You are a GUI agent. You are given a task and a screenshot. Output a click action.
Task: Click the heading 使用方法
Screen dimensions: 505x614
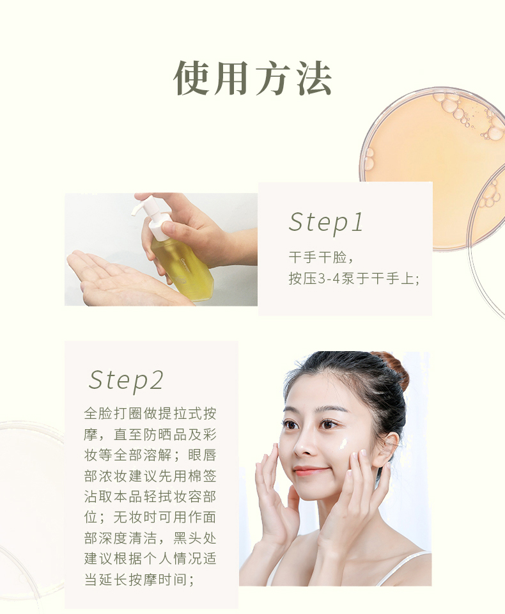point(252,78)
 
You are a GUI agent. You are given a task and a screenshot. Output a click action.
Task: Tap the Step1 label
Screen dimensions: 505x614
point(326,223)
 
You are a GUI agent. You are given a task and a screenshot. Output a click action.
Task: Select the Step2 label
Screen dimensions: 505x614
point(126,380)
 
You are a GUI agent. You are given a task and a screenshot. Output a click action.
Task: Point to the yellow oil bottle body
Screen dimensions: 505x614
point(182,266)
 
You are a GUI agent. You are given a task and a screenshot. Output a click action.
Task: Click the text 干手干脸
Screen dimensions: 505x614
point(318,257)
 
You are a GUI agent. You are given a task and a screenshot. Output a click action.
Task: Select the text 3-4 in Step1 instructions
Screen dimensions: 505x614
point(329,279)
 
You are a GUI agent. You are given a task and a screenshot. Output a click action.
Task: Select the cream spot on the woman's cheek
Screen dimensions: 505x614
point(343,443)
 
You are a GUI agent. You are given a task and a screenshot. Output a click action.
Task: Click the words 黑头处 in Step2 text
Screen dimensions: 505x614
point(194,538)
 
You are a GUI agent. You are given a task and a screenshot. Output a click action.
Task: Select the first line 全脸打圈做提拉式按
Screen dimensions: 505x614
point(150,414)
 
